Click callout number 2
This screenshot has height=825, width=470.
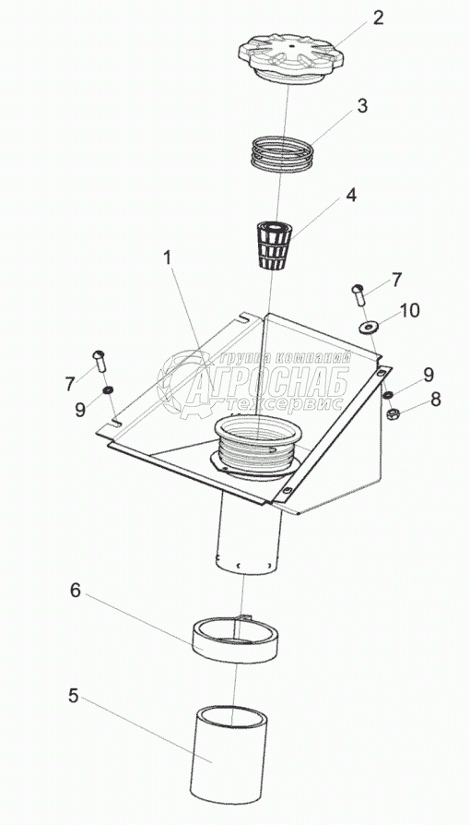(378, 18)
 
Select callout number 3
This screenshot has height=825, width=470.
(362, 105)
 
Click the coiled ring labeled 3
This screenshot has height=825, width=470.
(282, 152)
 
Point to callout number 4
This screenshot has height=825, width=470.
(351, 196)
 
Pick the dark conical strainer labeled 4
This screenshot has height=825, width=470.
(275, 245)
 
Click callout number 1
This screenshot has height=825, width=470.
(167, 257)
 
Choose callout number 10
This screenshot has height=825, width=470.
(409, 310)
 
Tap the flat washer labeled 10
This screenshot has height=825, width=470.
(371, 328)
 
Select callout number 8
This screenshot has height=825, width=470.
(436, 400)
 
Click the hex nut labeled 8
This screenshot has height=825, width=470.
(393, 414)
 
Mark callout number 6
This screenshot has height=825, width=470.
(76, 591)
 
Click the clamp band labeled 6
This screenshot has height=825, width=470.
(234, 640)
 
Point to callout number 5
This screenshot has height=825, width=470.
(73, 696)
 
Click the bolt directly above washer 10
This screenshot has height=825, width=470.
(359, 296)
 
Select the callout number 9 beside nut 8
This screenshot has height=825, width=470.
(429, 375)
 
